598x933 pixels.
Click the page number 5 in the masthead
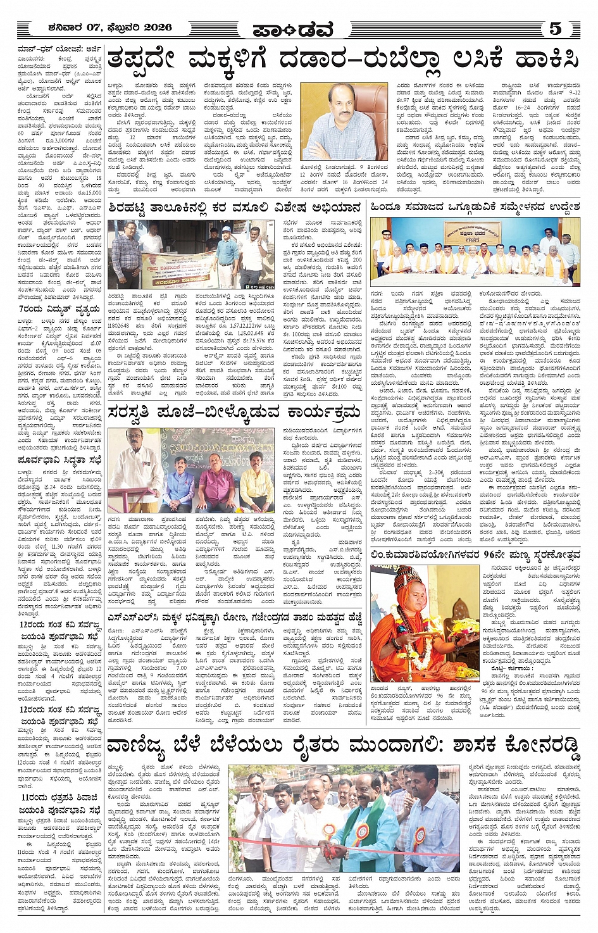point(555,28)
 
